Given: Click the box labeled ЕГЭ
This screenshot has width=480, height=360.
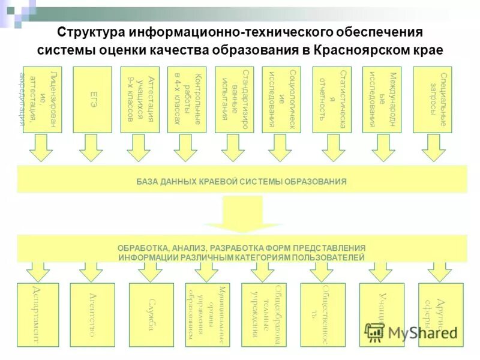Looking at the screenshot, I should [x=92, y=99].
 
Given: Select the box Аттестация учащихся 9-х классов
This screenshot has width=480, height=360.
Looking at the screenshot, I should [x=140, y=99].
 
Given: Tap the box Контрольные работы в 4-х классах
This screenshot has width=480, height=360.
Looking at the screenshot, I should [x=187, y=99].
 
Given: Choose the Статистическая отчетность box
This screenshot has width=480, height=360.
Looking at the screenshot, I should [x=332, y=99].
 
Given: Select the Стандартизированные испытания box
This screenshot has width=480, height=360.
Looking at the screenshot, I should [x=234, y=99].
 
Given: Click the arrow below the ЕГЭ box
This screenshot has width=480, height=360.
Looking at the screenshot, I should [x=91, y=148].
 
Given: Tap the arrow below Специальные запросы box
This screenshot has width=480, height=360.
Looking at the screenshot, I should [x=433, y=148].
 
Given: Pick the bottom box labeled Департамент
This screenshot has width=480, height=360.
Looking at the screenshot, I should [x=43, y=314].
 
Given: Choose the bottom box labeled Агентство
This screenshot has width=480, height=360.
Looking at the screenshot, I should [x=92, y=314].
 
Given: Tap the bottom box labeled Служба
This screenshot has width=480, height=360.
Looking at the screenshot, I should [x=151, y=314].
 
